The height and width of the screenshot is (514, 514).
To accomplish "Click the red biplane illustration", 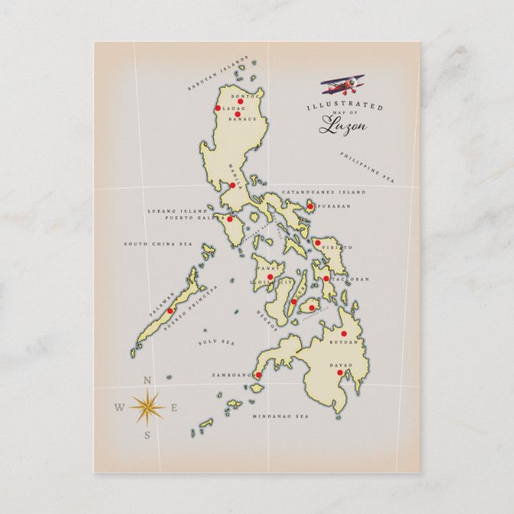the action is (343, 83).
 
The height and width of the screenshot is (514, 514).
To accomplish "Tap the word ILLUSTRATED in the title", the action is (345, 106).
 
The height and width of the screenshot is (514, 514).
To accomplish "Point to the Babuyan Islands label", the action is (218, 73).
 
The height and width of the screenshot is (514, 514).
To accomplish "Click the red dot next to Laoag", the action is (218, 108).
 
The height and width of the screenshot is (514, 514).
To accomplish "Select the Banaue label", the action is (241, 120).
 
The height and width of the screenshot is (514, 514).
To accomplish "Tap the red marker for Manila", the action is (232, 185).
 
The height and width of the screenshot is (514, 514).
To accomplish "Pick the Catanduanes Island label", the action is (324, 192).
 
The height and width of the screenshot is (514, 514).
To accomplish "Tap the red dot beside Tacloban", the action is (326, 279).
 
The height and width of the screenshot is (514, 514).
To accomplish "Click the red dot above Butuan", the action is (344, 334).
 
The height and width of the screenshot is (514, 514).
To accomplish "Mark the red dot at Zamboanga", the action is (258, 374).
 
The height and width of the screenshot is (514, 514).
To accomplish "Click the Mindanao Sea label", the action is (280, 417).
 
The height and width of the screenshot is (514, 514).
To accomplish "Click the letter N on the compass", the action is (147, 381).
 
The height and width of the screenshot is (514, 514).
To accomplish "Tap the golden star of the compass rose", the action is (147, 407).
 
